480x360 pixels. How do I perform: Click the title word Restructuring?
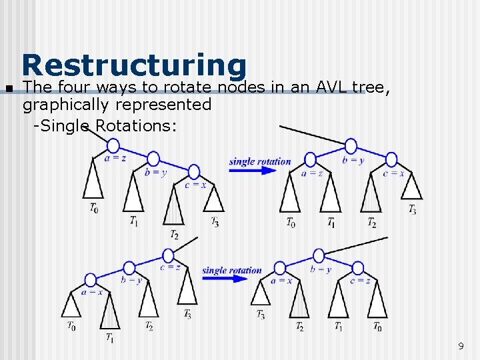click(x=134, y=65)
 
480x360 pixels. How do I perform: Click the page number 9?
click(x=461, y=346)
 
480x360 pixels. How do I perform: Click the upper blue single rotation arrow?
click(x=252, y=170)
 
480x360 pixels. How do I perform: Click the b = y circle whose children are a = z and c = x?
click(x=351, y=147)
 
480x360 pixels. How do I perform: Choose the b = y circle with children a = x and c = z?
click(x=319, y=255)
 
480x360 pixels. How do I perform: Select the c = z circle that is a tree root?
click(x=168, y=255)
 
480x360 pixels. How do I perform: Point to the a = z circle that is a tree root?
click(x=113, y=145)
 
